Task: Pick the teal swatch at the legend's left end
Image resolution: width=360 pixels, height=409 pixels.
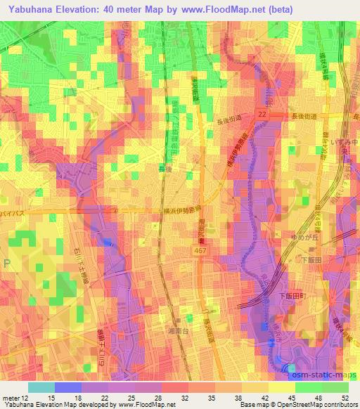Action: click(x=41, y=387)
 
